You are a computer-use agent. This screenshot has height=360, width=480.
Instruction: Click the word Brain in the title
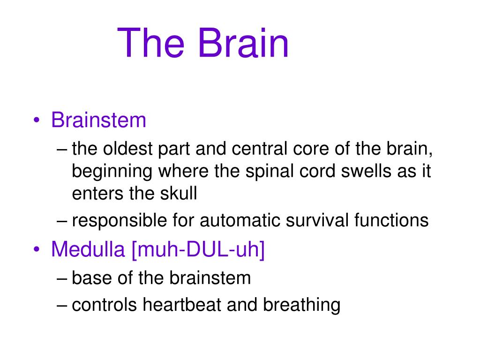[x=243, y=42]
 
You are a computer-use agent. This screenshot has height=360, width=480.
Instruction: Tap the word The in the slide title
[x=150, y=42]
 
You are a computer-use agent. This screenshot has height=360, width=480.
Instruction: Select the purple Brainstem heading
[x=98, y=120]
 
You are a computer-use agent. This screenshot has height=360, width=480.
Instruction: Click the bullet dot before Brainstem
[x=37, y=120]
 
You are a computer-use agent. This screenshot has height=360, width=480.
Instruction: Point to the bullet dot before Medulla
[x=37, y=249]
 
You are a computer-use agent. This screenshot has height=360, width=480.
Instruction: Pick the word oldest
[x=127, y=149]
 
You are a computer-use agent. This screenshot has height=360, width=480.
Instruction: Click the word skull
[x=179, y=193]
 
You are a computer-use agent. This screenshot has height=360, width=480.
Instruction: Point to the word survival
[x=317, y=220]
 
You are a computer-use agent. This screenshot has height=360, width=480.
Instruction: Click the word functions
[x=391, y=220]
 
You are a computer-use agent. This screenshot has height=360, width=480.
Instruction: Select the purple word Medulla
[x=88, y=249]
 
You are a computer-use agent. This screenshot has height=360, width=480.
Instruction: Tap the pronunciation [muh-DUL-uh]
[x=198, y=250]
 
